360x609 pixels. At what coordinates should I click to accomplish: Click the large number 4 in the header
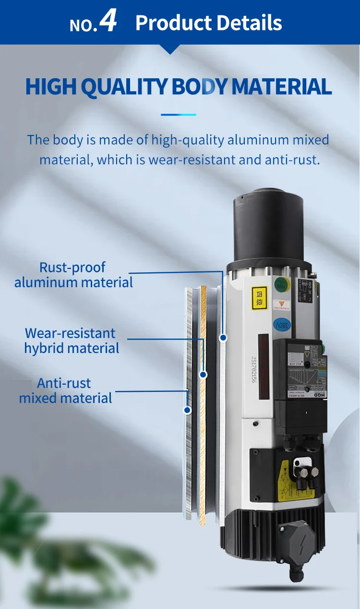(x=108, y=22)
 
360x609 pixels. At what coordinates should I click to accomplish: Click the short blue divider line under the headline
(x=179, y=115)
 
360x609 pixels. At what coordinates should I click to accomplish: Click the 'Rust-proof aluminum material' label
(x=73, y=275)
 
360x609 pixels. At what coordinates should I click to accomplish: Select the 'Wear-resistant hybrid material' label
(x=71, y=341)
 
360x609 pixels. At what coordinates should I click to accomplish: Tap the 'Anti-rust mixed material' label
(x=65, y=390)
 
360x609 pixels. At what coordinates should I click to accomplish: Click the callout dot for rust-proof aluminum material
(x=223, y=338)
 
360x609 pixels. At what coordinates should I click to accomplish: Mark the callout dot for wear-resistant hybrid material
(x=203, y=374)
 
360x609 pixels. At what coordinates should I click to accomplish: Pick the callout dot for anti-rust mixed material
(x=187, y=410)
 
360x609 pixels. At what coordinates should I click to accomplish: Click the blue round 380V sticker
(x=281, y=324)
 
